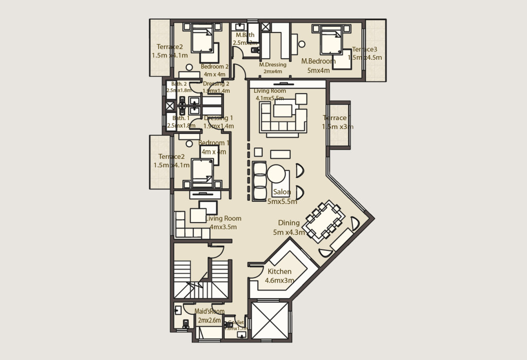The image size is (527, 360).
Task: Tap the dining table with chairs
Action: pos(322,221)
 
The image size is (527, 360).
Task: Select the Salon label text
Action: pos(283,192)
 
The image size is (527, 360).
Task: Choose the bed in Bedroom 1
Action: pos(203,173)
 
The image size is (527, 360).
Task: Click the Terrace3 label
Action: pos(365,49)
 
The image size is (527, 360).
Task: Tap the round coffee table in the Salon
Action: pos(276,174)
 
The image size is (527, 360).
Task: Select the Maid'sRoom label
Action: pos(210,311)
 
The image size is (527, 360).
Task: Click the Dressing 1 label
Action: pos(219,117)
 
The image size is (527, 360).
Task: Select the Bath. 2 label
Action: pos(179,84)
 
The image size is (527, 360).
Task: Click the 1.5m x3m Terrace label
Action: pos(338,122)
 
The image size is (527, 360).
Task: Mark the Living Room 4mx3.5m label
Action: pos(223,222)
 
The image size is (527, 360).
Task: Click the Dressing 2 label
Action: pos(216,84)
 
